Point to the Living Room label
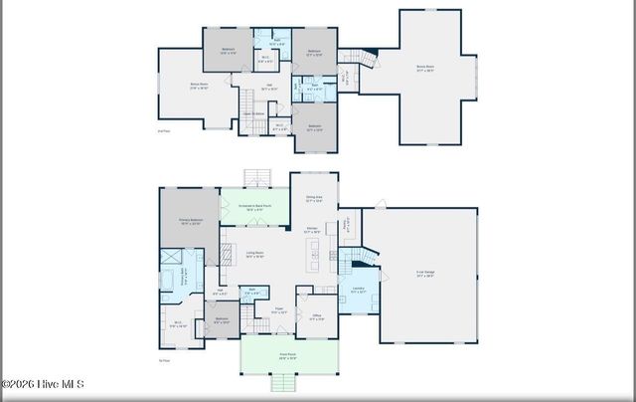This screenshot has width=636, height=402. pos(254,255)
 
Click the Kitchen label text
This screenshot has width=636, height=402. pos(311,231)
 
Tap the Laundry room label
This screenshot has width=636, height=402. pos(357,292)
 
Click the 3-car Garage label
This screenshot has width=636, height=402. pos(424,276)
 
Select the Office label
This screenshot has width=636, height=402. pos(316,317)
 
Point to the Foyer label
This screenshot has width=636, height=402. pos(280,310)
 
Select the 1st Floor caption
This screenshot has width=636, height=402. pos(163,360)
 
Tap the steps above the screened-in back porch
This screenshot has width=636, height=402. pos(257,178)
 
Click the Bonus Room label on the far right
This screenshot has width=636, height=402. pos(424,68)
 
